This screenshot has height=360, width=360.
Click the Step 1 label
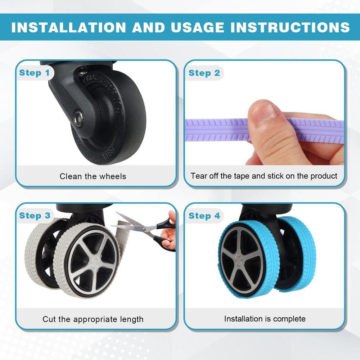pyautogui.click(x=35, y=73)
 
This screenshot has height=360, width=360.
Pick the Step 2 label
pyautogui.click(x=204, y=73)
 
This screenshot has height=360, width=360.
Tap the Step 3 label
pyautogui.click(x=35, y=216)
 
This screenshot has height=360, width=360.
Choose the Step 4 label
pyautogui.click(x=204, y=216)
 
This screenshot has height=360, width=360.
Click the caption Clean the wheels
pyautogui.click(x=93, y=176)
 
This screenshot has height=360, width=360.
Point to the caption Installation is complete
pyautogui.click(x=265, y=319)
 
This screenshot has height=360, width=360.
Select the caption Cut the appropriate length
pyautogui.click(x=93, y=319)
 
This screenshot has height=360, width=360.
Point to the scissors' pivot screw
pyautogui.click(x=144, y=229)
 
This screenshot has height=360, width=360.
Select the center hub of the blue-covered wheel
pyautogui.click(x=238, y=260)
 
